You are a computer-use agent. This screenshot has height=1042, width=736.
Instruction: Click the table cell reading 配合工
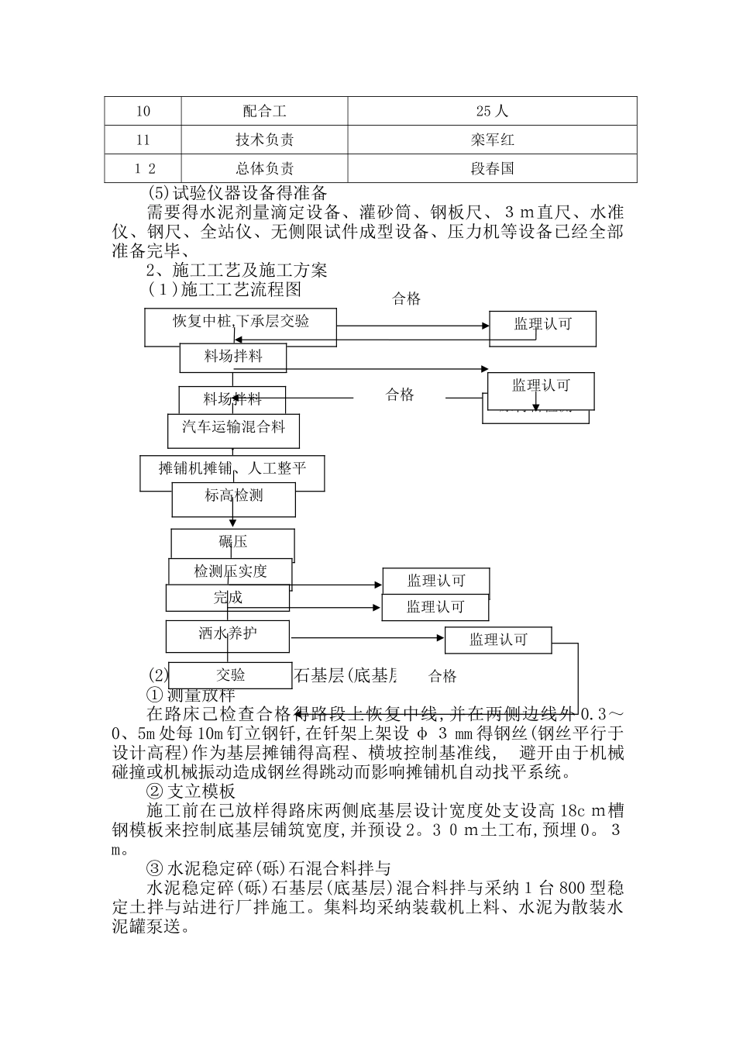264,112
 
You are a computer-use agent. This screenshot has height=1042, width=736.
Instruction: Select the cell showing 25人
492,112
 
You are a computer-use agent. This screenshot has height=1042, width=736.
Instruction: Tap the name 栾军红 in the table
492,140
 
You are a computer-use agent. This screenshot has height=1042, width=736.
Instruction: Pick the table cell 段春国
492,169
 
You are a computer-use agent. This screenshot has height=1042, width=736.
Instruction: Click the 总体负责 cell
264,169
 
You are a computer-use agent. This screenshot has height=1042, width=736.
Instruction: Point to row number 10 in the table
143,112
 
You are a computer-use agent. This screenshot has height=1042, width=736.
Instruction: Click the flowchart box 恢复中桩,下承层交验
240,321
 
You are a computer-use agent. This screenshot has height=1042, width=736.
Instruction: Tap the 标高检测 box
233,495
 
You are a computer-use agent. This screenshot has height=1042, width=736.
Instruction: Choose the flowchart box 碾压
232,542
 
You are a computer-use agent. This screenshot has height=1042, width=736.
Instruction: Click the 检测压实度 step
230,572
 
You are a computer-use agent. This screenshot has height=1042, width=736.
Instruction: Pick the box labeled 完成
228,598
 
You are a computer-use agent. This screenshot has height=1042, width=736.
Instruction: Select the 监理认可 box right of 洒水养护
498,640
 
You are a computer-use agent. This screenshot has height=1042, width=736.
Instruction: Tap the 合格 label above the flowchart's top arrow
406,299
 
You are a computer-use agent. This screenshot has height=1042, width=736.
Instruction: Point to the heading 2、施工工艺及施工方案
237,270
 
